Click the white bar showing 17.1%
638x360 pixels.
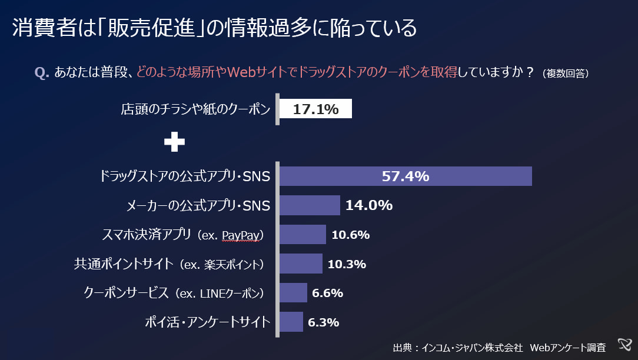click(x=315, y=109)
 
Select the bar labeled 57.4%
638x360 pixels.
click(x=406, y=176)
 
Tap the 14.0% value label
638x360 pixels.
click(x=368, y=205)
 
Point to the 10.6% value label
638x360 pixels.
click(x=350, y=235)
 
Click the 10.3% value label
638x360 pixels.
click(x=347, y=264)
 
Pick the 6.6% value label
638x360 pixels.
click(x=328, y=293)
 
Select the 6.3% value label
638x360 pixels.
click(x=324, y=322)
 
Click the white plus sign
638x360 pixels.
click(x=174, y=142)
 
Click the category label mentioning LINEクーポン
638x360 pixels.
click(x=174, y=293)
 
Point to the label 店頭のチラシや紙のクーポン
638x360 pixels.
click(x=195, y=109)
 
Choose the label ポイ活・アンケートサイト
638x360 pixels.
click(x=207, y=322)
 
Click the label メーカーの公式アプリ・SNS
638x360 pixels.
click(x=198, y=206)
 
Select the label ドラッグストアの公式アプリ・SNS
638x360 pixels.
click(x=185, y=176)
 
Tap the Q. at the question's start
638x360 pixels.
click(x=42, y=72)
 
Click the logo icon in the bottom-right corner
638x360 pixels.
click(x=625, y=345)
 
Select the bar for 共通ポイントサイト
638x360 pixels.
click(x=301, y=264)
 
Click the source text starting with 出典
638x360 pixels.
click(x=499, y=347)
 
